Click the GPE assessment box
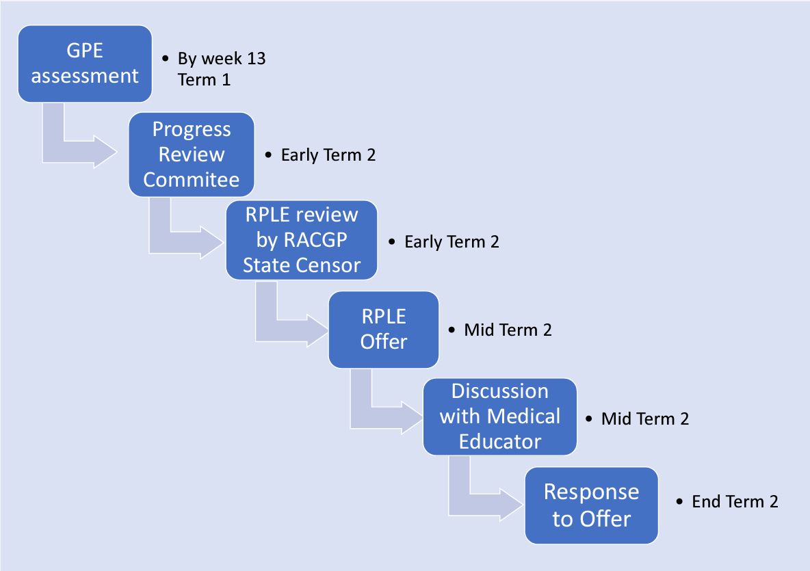pos(85,64)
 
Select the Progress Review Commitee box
pos(192,154)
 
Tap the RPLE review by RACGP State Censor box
pos(302,240)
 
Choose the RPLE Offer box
pos(383,329)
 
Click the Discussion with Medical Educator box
pos(499,416)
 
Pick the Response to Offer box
pos(591,505)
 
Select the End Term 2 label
pos(735,501)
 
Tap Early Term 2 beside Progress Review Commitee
pos(328,155)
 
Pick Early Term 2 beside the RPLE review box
pos(452,241)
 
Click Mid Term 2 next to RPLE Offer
pos(508,330)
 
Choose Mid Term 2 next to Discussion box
pos(644,418)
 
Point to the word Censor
pos(332,265)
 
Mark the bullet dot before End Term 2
pos(679,501)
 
